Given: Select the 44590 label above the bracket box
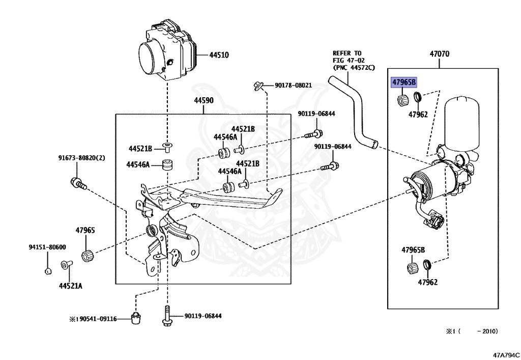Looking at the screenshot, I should (x=204, y=101).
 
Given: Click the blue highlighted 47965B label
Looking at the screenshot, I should (x=403, y=82).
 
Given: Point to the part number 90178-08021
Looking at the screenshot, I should (x=293, y=86).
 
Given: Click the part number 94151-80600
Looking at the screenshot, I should (x=47, y=247).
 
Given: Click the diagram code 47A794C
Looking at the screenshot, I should (x=505, y=353).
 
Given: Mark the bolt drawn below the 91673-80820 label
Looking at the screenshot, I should (x=77, y=183).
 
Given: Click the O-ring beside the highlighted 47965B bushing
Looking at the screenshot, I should (x=416, y=97).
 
